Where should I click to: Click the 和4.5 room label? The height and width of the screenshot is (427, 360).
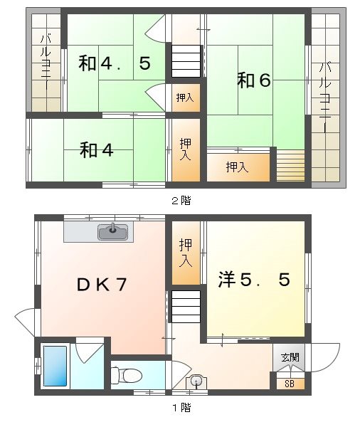(x=114, y=64)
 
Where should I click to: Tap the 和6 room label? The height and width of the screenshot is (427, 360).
(x=254, y=80)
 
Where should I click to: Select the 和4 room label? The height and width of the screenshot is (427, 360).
(x=97, y=150)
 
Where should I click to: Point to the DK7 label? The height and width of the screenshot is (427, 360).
(x=102, y=284)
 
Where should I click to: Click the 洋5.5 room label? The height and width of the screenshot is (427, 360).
(x=254, y=280)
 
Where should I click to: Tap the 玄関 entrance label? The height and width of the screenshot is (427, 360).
(x=290, y=357)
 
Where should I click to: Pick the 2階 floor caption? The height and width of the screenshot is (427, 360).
(x=180, y=201)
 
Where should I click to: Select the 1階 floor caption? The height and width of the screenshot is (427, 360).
(x=180, y=408)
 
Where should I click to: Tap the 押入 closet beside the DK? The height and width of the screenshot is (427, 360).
(x=185, y=253)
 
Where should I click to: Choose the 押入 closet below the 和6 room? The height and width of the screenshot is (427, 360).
(x=237, y=167)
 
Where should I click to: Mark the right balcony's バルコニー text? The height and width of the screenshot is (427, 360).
(x=325, y=97)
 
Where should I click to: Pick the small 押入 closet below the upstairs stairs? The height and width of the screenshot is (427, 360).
(x=184, y=97)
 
